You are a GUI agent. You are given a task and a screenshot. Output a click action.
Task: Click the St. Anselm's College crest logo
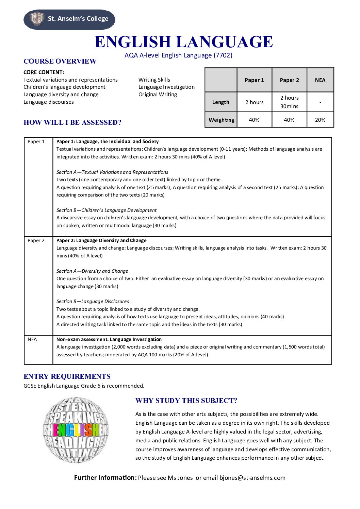(37, 19)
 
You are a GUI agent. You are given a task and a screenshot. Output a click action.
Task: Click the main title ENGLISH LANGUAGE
(183, 42)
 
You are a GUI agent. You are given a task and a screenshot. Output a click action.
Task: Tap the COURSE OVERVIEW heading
(60, 61)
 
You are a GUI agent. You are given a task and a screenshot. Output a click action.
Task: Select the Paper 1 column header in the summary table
(254, 80)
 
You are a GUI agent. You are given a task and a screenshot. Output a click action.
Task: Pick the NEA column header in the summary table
(320, 80)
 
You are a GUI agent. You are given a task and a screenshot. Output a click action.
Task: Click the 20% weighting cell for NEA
(320, 120)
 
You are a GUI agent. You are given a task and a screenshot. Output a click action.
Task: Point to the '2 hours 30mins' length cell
(289, 102)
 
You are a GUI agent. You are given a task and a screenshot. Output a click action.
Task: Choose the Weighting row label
(221, 120)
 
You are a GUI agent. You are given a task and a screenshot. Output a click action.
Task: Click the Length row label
(220, 102)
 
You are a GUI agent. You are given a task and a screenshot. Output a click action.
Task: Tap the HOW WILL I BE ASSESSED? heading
(72, 122)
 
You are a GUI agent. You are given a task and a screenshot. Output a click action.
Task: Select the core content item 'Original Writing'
(158, 95)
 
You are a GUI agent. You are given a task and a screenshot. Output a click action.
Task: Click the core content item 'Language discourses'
(49, 102)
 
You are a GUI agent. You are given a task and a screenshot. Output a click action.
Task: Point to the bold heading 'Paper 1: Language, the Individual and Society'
(108, 141)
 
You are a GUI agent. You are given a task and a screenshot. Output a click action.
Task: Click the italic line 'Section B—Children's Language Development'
(107, 210)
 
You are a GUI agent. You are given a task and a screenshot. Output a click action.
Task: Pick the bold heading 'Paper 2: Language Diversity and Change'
(101, 240)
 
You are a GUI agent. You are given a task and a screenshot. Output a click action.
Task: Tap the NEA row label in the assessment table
(32, 339)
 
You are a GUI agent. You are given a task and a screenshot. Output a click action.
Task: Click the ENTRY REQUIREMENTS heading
(67, 376)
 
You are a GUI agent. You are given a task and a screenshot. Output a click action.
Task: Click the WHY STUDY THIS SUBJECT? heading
(186, 401)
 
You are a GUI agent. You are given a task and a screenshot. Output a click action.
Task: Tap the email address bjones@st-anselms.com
(252, 478)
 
